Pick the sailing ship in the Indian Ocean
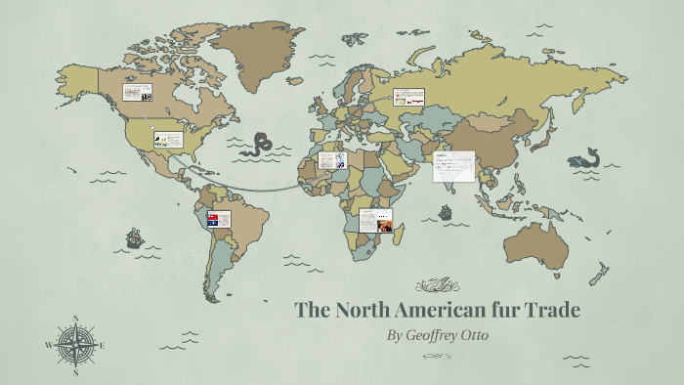coord(446,212)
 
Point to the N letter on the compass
coord(76,318)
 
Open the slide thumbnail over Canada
coord(137,93)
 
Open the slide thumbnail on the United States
coord(167,140)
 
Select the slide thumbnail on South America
coord(217,219)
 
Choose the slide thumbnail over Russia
coord(408,97)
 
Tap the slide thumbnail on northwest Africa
coord(332,160)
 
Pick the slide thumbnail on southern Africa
coord(376,222)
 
